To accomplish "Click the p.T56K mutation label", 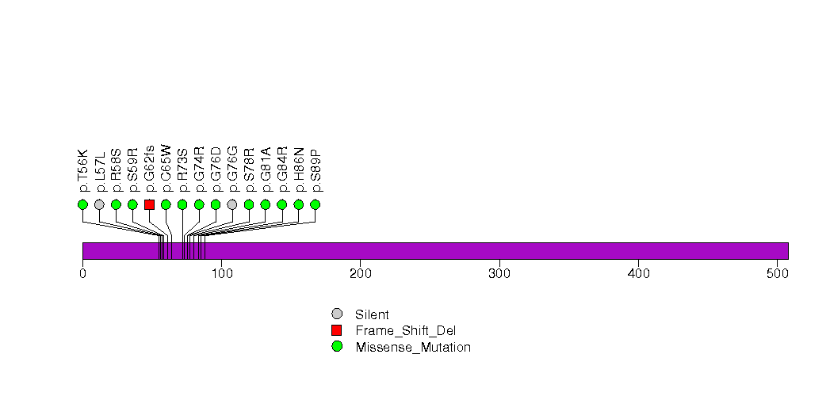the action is tap(83, 171).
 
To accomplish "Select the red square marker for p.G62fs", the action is tap(149, 204).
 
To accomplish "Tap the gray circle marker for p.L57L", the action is tap(100, 204).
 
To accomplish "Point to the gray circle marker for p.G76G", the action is tap(231, 204).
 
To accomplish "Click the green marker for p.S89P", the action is tap(315, 204).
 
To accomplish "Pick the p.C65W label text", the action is tap(166, 169).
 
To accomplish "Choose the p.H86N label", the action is tap(299, 169).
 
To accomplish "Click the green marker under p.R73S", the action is tap(182, 204).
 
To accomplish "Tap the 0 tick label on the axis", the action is tap(83, 273).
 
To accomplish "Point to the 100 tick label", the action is tap(222, 273).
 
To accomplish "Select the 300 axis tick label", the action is tap(499, 273).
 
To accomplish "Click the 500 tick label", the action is tap(777, 273).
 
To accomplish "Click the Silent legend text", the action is tap(372, 314).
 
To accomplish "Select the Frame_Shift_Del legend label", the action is tap(405, 331).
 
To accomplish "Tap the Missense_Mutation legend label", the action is tap(413, 348).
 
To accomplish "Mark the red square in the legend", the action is tap(337, 330).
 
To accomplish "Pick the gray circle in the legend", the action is tap(337, 314).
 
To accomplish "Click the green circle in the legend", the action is tap(337, 347).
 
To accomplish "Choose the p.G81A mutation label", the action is tap(266, 169).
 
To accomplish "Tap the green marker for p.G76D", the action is tap(216, 204).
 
